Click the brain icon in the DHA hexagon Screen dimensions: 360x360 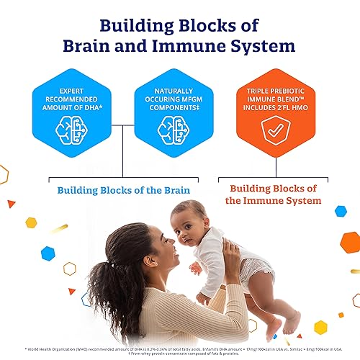pos(76,123)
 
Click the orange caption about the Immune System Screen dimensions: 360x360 pos(275,193)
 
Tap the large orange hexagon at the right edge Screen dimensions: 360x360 pos(351,243)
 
